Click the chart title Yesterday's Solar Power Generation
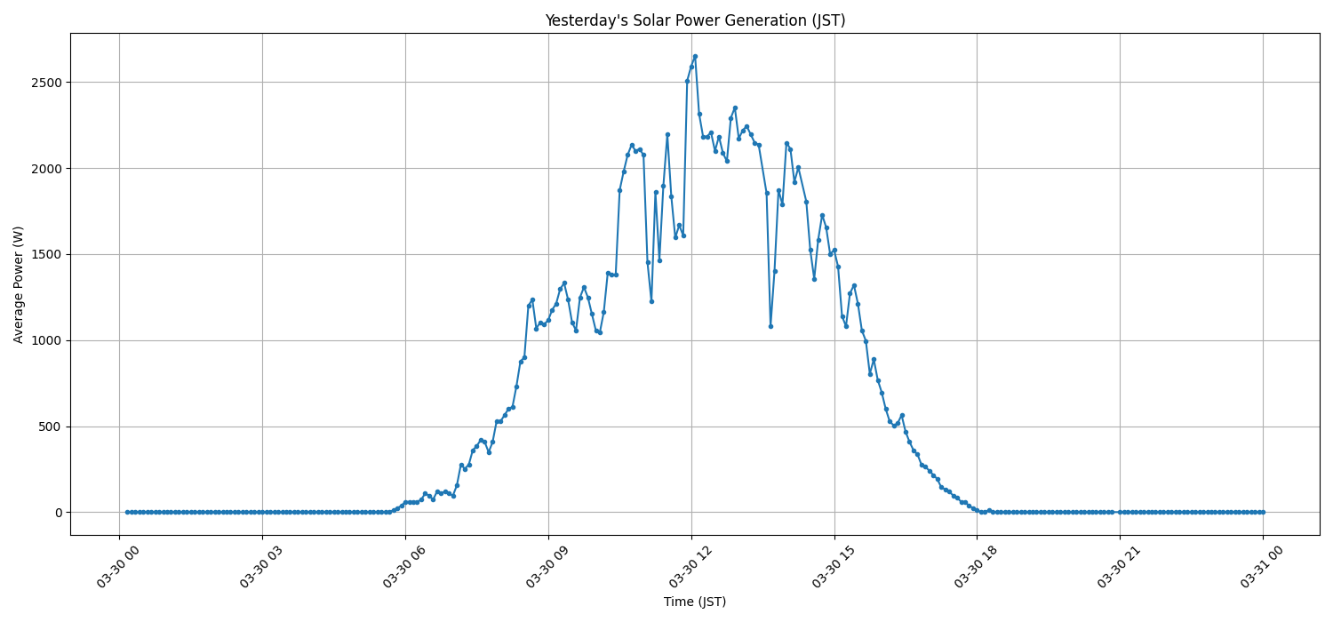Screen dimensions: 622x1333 tap(695, 20)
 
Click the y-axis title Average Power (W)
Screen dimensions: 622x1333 tap(19, 284)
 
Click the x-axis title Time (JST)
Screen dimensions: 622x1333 tap(695, 602)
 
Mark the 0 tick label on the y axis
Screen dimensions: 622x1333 tap(58, 513)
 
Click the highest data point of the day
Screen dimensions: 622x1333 tap(695, 56)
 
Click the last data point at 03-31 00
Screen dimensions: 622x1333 tap(1263, 512)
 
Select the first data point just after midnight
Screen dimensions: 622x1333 tap(127, 512)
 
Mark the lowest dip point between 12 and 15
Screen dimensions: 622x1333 tap(770, 326)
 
